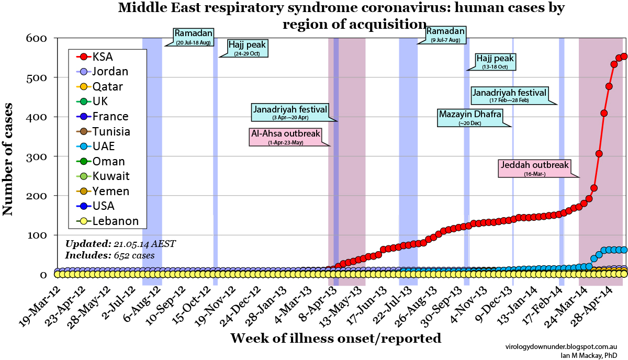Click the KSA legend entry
102,57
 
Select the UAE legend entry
103,147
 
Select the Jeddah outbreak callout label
534,168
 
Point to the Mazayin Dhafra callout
470,117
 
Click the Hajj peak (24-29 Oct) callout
247,48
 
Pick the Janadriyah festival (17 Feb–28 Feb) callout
509,95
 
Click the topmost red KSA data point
623,56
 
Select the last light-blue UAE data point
623,250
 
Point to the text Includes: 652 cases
110,255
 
